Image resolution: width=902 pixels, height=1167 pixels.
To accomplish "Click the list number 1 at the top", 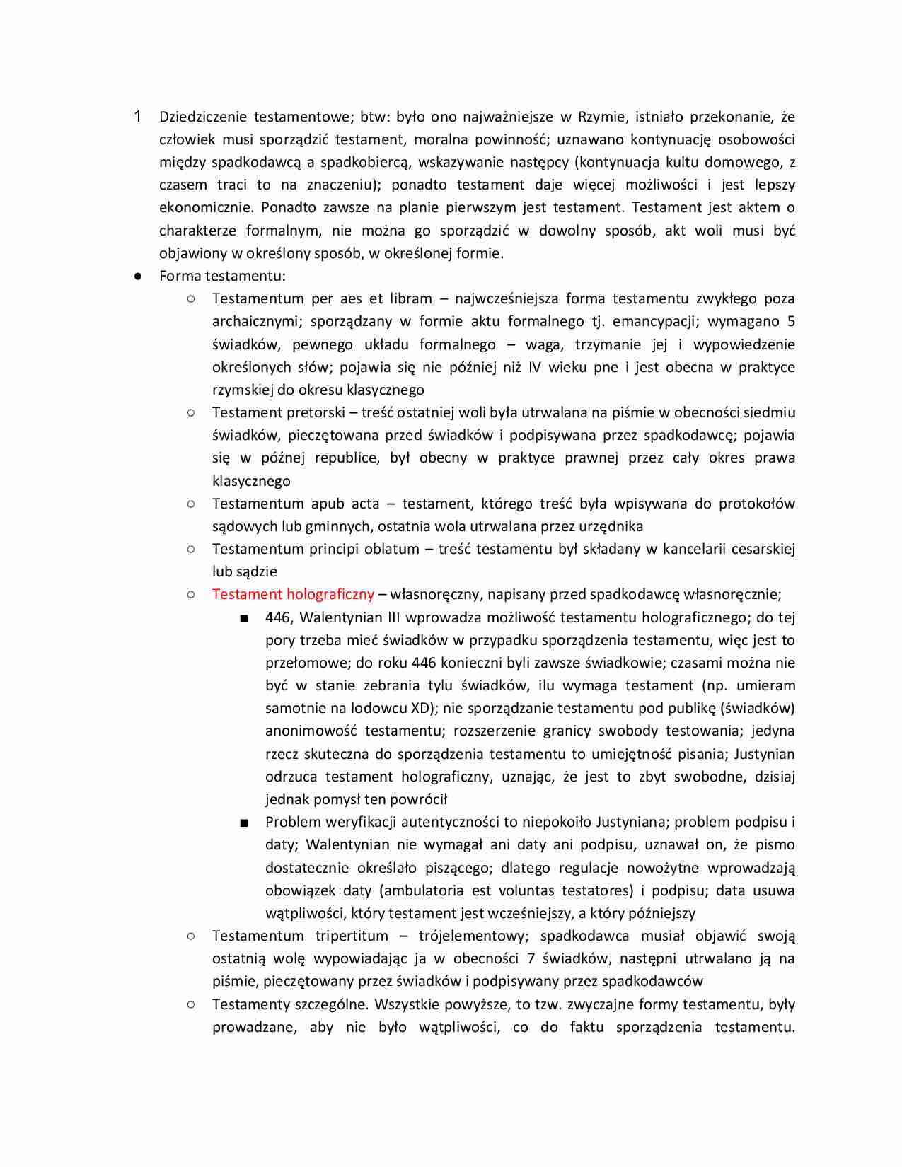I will click(138, 116).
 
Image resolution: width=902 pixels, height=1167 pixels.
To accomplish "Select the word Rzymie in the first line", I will click(601, 117).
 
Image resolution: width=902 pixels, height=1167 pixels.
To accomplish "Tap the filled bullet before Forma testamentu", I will click(138, 276).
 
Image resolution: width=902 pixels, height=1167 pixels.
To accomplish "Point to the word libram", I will click(410, 298).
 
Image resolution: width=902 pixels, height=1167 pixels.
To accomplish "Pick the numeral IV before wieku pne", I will click(533, 367).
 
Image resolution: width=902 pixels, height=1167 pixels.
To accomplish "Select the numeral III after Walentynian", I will click(394, 617).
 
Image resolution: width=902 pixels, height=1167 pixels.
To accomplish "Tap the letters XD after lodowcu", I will click(420, 708).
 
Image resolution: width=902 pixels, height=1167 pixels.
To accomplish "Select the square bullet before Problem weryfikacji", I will click(244, 823).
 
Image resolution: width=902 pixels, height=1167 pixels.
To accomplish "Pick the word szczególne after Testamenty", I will click(332, 1004).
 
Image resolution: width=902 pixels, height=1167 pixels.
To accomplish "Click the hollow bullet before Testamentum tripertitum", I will click(191, 936).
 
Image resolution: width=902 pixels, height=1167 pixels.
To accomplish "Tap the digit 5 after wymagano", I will click(791, 321).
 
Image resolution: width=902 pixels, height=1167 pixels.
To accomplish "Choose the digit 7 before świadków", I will click(531, 958).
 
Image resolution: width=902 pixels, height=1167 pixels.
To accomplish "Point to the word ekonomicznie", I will click(206, 207).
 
